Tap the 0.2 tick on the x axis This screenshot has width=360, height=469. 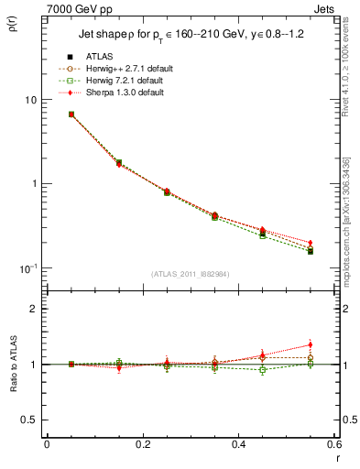[x=143, y=444]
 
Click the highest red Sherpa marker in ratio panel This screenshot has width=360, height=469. [x=311, y=344]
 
